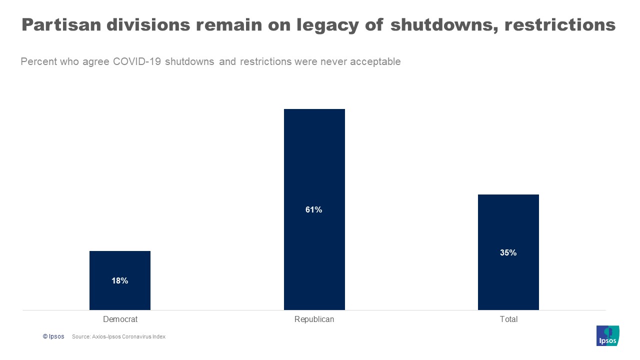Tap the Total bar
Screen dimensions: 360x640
click(508, 225)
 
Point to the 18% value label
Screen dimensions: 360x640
click(120, 281)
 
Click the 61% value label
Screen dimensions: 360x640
click(314, 210)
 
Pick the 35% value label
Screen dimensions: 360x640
click(508, 253)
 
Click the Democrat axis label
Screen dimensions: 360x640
click(120, 319)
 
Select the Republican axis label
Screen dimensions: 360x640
click(314, 319)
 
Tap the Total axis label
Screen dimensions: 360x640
click(508, 319)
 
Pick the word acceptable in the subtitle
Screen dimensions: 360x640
click(375, 62)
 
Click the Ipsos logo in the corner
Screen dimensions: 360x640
click(607, 335)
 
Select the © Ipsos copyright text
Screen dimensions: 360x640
click(53, 336)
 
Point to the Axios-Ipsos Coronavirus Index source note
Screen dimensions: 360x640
click(118, 337)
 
